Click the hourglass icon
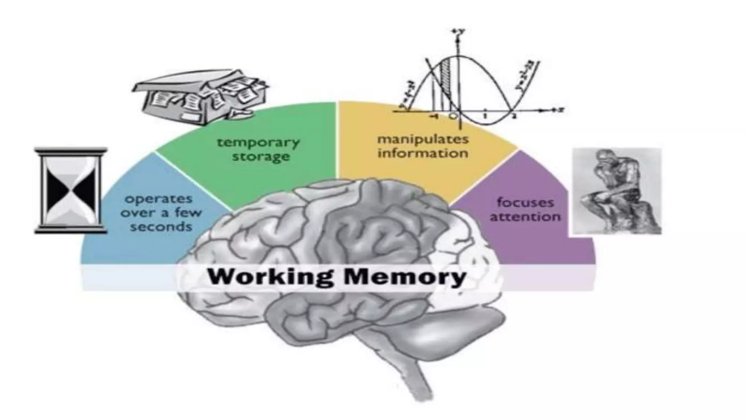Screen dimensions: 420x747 71,190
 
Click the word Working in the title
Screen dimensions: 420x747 270,277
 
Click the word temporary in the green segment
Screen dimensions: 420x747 258,142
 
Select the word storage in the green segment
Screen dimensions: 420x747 261,157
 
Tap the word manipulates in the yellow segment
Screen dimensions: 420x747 423,139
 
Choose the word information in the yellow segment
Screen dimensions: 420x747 423,153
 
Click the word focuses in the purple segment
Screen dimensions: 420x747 525,202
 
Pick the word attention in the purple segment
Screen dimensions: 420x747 525,217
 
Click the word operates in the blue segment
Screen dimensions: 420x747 159,199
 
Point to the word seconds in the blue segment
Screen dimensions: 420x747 161,227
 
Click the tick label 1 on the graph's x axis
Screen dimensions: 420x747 485,116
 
